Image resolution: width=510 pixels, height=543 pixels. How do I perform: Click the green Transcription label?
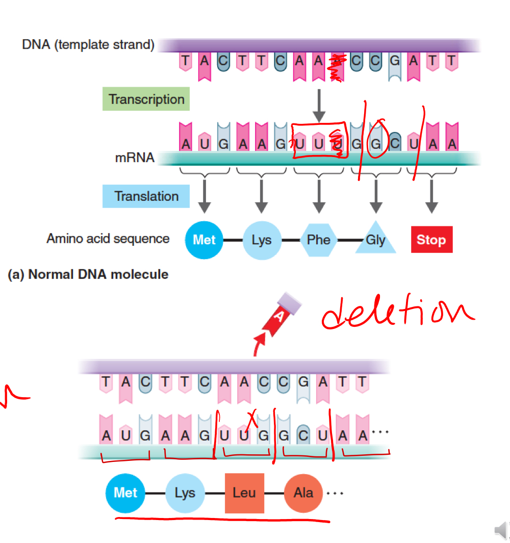pyautogui.click(x=146, y=99)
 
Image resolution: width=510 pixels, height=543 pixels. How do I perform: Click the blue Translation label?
pyautogui.click(x=146, y=196)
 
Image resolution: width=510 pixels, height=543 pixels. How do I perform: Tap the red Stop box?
pyautogui.click(x=431, y=240)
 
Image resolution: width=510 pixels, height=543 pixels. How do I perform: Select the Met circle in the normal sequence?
pyautogui.click(x=204, y=240)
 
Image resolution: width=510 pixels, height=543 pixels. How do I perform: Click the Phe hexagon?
pyautogui.click(x=319, y=240)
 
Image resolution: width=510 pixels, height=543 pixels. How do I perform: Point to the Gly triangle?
pyautogui.click(x=376, y=240)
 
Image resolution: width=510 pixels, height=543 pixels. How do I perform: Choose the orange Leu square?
pyautogui.click(x=244, y=493)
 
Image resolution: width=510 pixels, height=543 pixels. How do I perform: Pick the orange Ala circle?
pyautogui.click(x=303, y=493)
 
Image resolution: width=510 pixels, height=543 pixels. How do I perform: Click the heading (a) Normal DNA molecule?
pyautogui.click(x=88, y=274)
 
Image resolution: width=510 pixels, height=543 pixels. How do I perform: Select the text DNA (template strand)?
pyautogui.click(x=88, y=45)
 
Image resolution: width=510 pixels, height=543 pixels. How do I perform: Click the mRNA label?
pyautogui.click(x=135, y=158)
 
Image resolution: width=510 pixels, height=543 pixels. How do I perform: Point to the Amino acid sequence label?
pyautogui.click(x=108, y=238)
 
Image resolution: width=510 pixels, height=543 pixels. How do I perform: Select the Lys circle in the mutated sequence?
pyautogui.click(x=185, y=493)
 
